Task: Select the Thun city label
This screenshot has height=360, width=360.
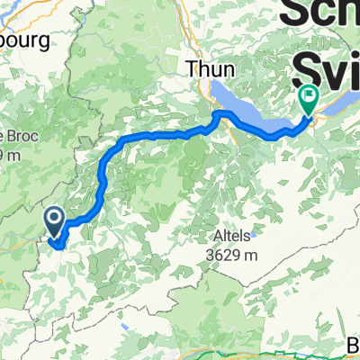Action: click(x=204, y=67)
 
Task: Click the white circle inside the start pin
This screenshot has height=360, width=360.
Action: click(x=53, y=217)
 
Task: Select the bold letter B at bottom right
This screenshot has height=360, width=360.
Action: click(x=351, y=345)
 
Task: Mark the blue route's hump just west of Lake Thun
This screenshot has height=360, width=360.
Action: click(x=218, y=114)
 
